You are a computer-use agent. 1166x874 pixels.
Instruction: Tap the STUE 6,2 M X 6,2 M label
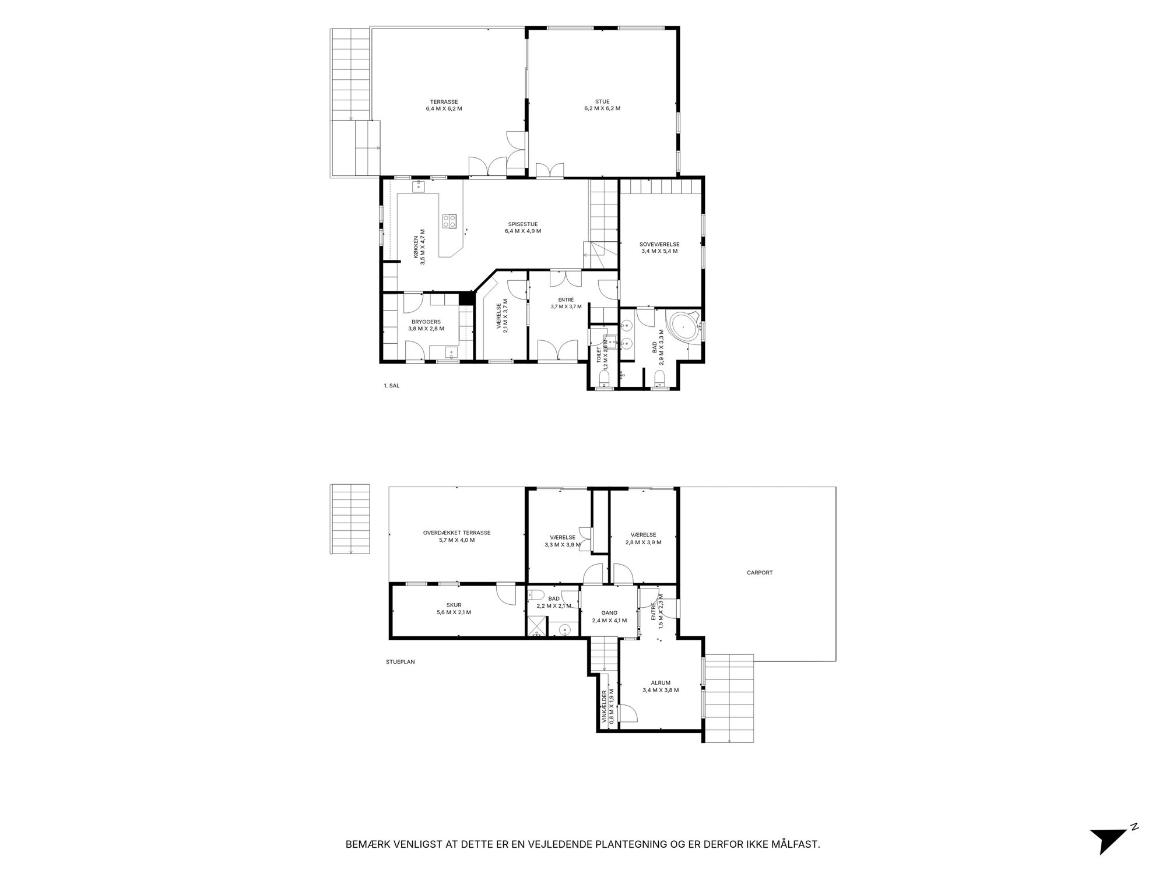pyautogui.click(x=602, y=105)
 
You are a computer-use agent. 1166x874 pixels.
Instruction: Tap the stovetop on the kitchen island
pyautogui.click(x=449, y=221)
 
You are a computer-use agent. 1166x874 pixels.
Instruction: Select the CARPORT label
pyautogui.click(x=760, y=573)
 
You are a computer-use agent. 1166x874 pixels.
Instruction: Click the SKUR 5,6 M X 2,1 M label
pyautogui.click(x=454, y=609)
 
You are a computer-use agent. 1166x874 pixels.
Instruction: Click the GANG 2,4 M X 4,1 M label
pyautogui.click(x=609, y=616)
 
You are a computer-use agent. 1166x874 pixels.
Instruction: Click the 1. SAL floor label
pyautogui.click(x=391, y=385)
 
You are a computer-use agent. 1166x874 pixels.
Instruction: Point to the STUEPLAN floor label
pyautogui.click(x=400, y=662)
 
